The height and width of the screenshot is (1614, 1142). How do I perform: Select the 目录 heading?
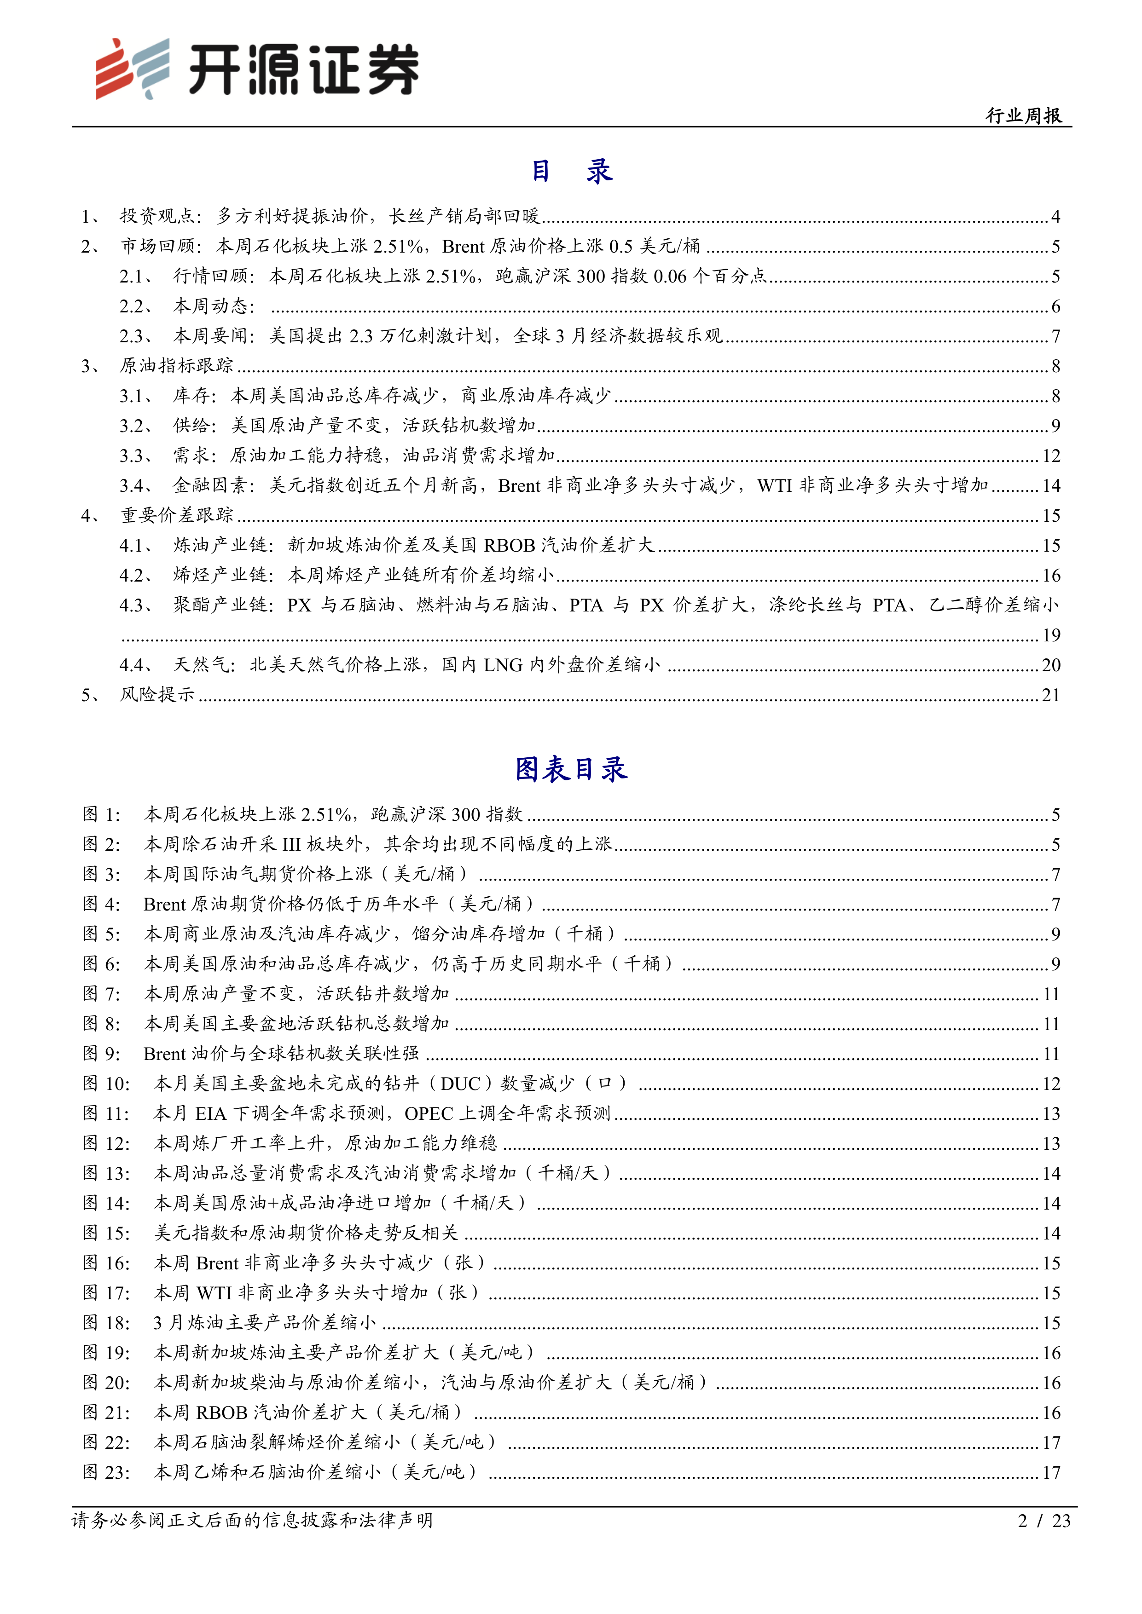571,171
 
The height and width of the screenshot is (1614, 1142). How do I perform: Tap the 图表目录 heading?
571,769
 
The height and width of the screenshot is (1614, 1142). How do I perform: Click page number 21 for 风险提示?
1050,695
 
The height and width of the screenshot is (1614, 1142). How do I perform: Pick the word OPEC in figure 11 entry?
429,1113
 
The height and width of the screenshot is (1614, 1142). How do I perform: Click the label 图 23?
106,1472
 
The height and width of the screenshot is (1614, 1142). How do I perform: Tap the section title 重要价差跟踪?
176,515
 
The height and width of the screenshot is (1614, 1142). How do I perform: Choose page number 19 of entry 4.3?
1050,635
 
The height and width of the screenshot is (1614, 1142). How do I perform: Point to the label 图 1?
102,814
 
